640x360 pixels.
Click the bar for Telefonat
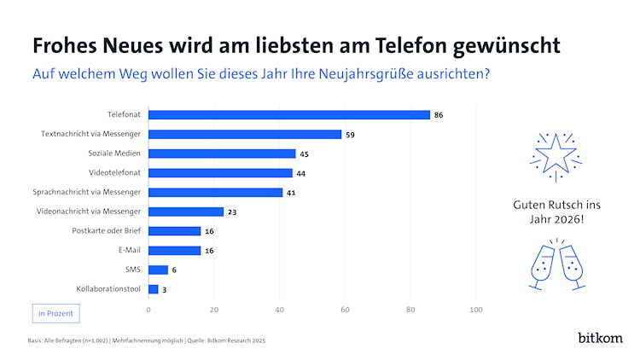(289, 114)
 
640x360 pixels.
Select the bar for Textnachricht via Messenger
(245, 134)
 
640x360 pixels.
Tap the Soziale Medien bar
(222, 154)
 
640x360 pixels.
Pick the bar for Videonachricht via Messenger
(186, 212)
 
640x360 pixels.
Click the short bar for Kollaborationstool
(154, 289)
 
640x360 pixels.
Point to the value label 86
(439, 114)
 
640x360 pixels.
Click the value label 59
(350, 134)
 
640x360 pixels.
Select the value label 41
(291, 192)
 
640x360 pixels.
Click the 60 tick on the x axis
(345, 309)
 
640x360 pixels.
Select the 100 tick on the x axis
(475, 309)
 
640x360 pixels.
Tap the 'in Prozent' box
(55, 313)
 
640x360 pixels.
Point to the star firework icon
(556, 156)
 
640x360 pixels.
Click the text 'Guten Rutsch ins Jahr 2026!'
(556, 212)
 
